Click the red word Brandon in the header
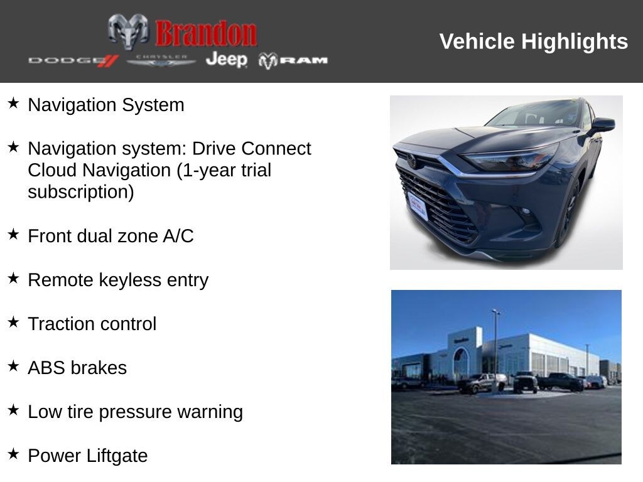(206, 33)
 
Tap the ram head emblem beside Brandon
(128, 31)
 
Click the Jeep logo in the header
(226, 60)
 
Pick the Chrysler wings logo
(161, 60)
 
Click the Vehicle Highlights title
(534, 41)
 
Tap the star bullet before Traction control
(14, 322)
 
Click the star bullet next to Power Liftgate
(14, 454)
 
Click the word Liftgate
(117, 456)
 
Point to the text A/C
(178, 236)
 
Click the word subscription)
(80, 192)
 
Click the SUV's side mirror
(603, 124)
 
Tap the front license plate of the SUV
(418, 206)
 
